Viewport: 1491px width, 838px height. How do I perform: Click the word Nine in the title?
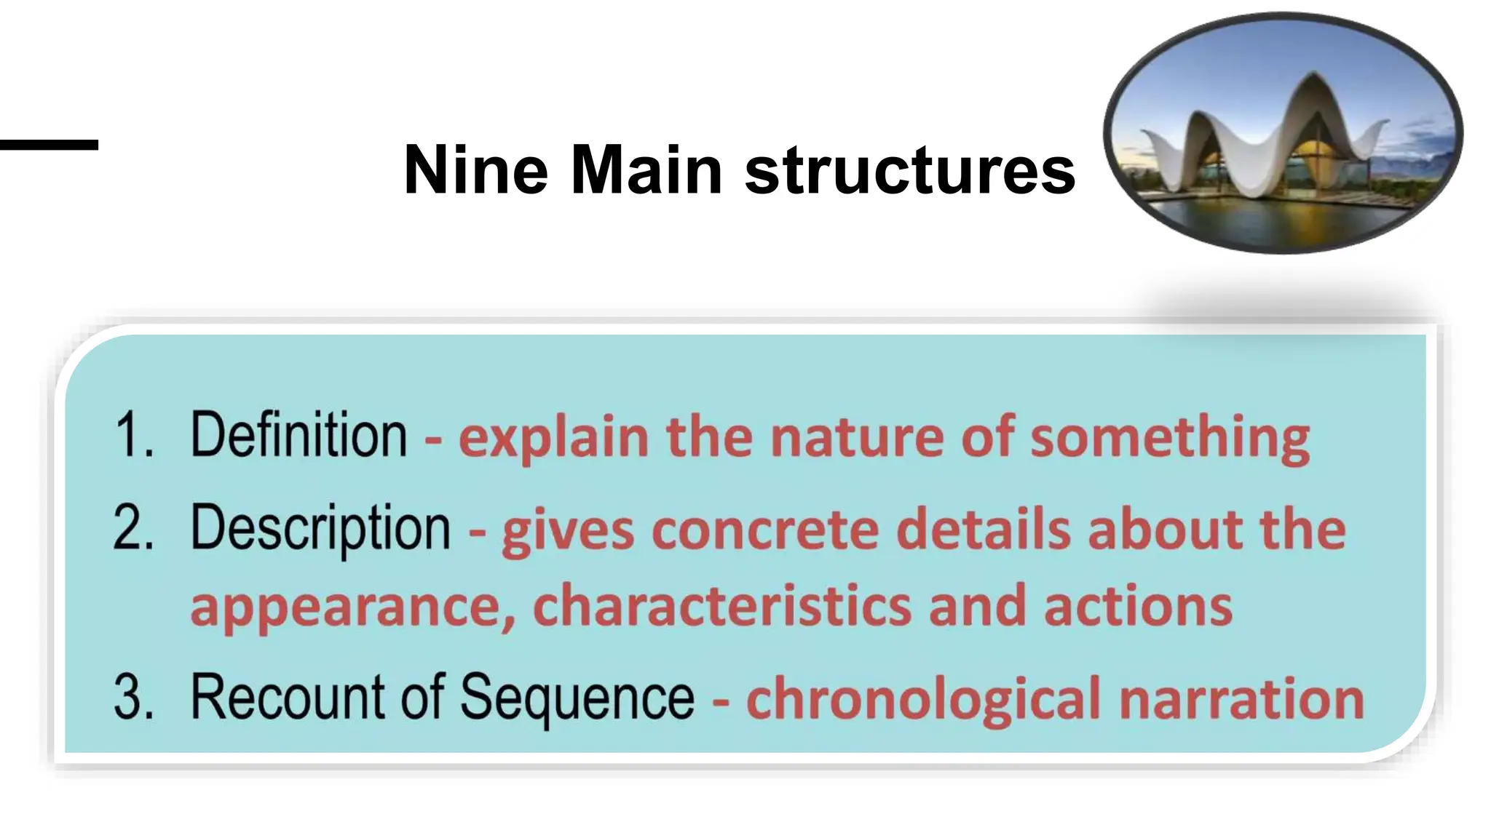tap(475, 170)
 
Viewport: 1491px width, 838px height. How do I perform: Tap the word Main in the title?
tap(646, 170)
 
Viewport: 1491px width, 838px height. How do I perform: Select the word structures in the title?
tap(910, 170)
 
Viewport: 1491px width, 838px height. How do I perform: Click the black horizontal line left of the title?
tap(49, 145)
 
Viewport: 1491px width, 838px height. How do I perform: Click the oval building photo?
tap(1283, 133)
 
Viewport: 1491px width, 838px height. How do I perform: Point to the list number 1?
tap(134, 435)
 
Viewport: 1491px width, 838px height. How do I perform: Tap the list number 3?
tap(134, 697)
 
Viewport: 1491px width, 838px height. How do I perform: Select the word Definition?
tap(298, 435)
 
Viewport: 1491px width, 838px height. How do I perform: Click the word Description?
tap(320, 529)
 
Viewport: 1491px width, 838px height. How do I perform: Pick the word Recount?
tap(288, 697)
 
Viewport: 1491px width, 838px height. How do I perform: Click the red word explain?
tap(553, 438)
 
